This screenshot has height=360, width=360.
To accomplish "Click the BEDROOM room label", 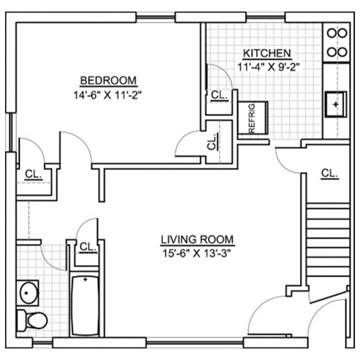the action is pos(108,81).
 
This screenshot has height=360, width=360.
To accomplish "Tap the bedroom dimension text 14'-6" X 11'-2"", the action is pos(107,96).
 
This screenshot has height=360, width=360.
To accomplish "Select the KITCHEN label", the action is pos(267,53).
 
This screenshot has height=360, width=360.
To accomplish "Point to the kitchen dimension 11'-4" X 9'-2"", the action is pos(269,67).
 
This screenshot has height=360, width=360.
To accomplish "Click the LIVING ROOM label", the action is pos(197,240).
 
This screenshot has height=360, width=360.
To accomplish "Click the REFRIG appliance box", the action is pos(253,118).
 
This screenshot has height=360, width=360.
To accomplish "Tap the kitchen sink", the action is pos(336,104).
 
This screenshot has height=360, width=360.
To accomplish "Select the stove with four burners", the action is pos(337,42).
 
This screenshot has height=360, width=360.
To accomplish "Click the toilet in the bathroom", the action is pos(32,320).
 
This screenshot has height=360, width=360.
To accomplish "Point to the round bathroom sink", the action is pos(28,293).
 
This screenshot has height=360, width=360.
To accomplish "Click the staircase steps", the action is pos(328,243).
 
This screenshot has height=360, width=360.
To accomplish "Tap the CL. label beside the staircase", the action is pos(330,174).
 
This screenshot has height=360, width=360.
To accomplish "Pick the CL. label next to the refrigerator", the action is pos(220,96).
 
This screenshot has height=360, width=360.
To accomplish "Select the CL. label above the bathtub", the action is pos(88,247).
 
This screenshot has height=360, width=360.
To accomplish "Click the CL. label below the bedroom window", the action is pos(33,174).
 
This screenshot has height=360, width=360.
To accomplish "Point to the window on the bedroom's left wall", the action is pos(11,132).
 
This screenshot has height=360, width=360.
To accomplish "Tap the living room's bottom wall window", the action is pos(194,343).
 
